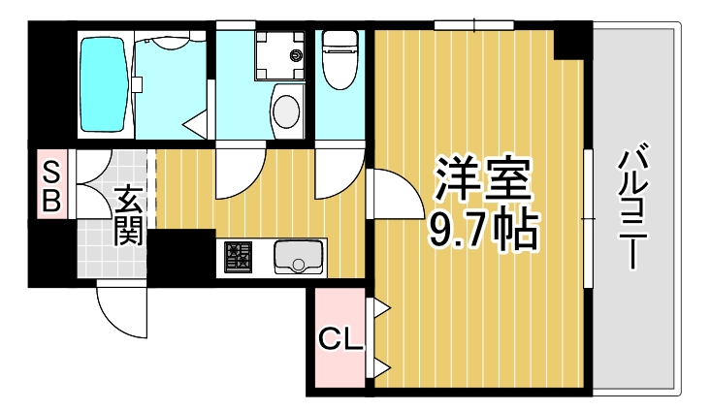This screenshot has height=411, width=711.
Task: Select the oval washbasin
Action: point(286,109)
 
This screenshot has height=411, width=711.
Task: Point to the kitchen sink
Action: point(299,257)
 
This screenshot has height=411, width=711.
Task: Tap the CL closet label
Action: point(340,340)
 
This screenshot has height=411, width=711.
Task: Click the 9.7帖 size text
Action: point(482,230)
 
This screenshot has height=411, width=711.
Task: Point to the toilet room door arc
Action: point(338,173)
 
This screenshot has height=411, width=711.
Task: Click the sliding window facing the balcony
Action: point(587,218)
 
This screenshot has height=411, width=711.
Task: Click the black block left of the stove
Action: point(180,256)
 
